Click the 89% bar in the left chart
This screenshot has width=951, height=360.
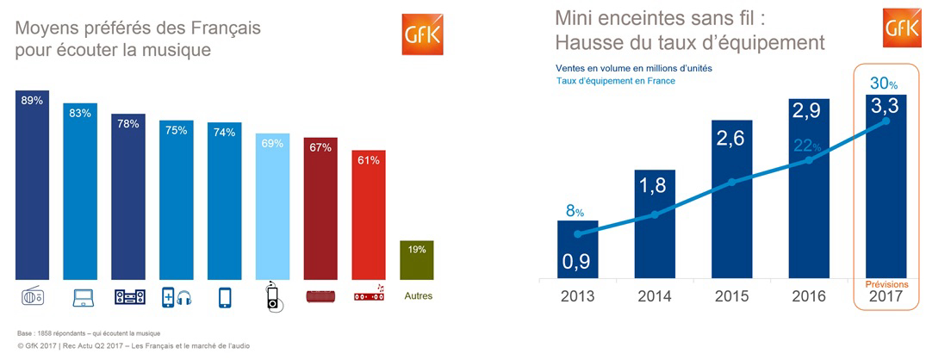[32, 185]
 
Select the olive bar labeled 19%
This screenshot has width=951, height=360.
[417, 260]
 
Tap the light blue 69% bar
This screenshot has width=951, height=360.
[273, 207]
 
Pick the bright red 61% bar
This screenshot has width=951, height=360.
[369, 215]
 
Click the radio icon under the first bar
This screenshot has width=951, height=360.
[33, 297]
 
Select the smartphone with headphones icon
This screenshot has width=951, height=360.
[177, 297]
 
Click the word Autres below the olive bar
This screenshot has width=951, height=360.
[417, 296]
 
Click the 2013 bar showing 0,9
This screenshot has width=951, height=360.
[577, 251]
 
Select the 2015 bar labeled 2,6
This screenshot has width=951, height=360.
[731, 200]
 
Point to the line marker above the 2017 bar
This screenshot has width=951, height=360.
[886, 121]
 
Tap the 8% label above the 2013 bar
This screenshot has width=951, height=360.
[575, 212]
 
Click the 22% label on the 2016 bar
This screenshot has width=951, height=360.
[808, 146]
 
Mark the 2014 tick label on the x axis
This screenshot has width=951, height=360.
[655, 296]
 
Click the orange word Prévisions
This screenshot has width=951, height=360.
[886, 283]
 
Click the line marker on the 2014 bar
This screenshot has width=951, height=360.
[655, 214]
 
